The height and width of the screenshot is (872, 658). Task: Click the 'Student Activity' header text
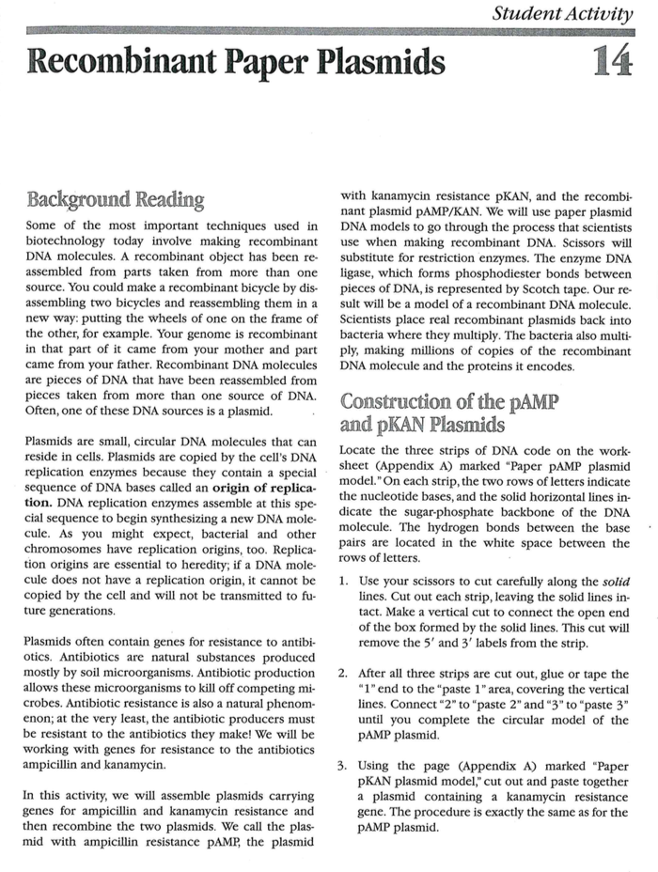563,13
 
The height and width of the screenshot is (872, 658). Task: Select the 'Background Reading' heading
116,200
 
